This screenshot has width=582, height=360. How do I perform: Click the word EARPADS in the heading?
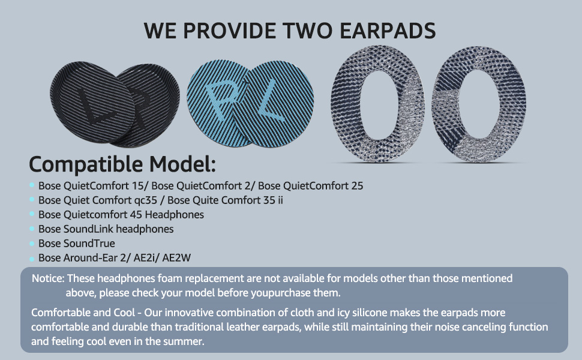(x=388, y=31)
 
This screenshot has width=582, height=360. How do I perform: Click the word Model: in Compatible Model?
(x=182, y=164)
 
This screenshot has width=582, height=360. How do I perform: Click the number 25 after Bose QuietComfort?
(x=356, y=185)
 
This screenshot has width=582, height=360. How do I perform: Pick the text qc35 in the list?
(x=145, y=200)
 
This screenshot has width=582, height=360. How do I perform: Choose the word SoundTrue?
(x=89, y=244)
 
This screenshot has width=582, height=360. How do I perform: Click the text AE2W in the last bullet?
(x=176, y=258)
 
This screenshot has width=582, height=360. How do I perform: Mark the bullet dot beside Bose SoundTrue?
(x=32, y=244)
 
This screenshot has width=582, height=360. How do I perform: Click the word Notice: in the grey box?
(x=48, y=278)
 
